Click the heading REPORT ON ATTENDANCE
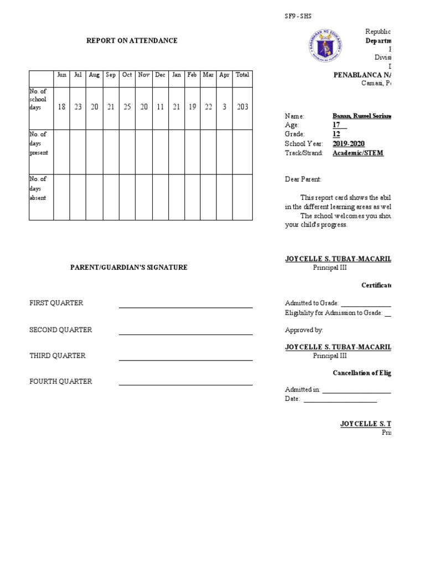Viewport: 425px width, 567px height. tap(131, 40)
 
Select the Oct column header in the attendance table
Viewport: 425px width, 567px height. tap(127, 75)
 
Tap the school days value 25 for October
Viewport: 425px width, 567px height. tap(127, 107)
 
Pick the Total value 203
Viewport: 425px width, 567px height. tap(242, 107)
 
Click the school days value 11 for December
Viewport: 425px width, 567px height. tap(160, 107)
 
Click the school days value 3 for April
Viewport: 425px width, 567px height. tap(224, 107)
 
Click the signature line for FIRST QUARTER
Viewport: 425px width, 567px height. tap(185, 307)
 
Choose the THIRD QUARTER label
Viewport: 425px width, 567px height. tap(58, 355)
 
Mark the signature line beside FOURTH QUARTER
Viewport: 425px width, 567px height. tap(185, 385)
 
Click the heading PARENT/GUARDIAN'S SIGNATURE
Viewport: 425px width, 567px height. tap(128, 267)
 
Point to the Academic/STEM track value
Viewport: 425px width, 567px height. tap(357, 153)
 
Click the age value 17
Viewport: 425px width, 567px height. tap(336, 125)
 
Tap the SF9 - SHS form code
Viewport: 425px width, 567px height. tap(298, 17)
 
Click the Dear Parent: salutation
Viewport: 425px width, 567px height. tap(303, 179)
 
